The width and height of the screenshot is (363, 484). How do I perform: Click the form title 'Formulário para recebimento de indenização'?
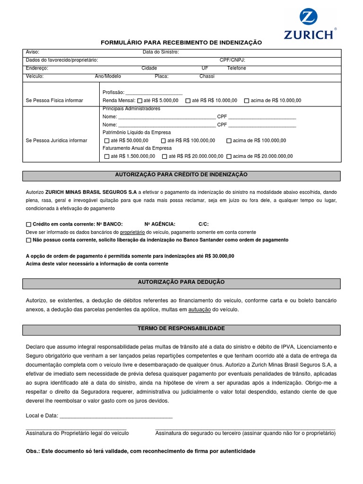tap(181, 43)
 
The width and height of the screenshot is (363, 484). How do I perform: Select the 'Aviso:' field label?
tap(33, 52)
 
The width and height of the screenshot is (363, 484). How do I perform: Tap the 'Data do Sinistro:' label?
tap(161, 52)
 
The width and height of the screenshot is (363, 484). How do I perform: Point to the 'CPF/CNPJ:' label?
tap(232, 60)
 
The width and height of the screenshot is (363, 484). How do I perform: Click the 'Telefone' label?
tap(236, 68)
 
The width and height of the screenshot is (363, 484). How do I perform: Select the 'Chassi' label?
tap(207, 76)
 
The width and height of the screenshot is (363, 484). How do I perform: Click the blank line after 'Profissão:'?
tap(154, 93)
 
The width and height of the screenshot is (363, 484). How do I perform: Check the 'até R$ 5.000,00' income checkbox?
tap(139, 101)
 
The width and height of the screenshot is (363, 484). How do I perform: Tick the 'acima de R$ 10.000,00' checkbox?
tap(247, 101)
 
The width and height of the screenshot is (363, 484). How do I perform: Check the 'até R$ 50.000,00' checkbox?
tap(107, 140)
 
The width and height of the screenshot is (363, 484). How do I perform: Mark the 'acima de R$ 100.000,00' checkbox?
tap(229, 140)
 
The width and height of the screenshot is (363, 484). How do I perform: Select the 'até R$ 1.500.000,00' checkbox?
tap(107, 156)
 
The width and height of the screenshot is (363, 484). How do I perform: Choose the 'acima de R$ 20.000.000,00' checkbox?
tap(229, 156)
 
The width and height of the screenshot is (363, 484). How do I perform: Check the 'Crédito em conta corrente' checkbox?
tap(29, 225)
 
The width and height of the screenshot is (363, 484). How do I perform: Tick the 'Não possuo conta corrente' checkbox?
tap(29, 240)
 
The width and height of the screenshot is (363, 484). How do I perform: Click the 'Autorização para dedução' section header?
tap(181, 282)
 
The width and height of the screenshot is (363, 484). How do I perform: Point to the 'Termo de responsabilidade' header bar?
tap(181, 328)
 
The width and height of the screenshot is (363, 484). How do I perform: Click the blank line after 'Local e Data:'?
tap(116, 416)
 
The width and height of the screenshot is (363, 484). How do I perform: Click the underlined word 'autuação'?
tap(199, 310)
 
